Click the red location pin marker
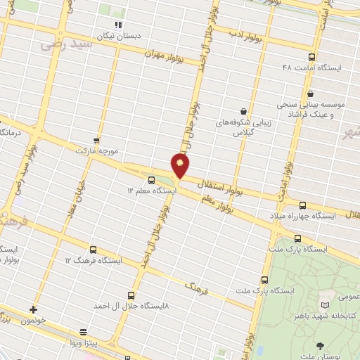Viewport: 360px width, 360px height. pos(181,165)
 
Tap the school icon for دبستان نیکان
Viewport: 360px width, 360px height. pos(117,25)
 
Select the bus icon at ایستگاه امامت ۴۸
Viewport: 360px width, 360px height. pos(312,57)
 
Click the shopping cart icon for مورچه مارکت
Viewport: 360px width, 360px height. pos(96,140)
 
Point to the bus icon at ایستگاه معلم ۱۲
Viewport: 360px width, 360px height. pos(152,179)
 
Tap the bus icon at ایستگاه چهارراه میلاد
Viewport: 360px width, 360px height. pos(302,205)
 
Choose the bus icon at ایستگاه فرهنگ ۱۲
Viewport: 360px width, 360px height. pos(93,250)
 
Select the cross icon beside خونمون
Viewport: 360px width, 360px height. pos(33,309)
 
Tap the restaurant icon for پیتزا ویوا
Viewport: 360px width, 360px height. pos(84,331)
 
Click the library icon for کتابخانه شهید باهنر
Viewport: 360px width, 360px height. pos(324,304)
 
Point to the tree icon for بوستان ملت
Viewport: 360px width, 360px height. pos(321,345)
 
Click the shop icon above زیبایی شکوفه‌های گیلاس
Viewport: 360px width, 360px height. pos(243,111)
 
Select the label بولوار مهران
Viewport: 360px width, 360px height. pos(165,54)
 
